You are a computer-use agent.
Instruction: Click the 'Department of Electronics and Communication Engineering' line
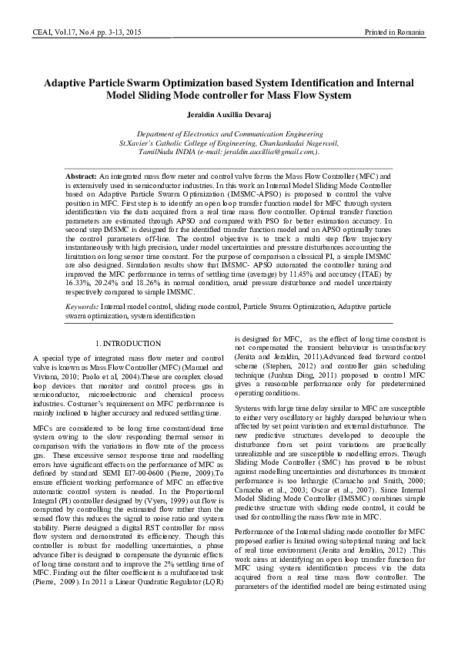point(229,134)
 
